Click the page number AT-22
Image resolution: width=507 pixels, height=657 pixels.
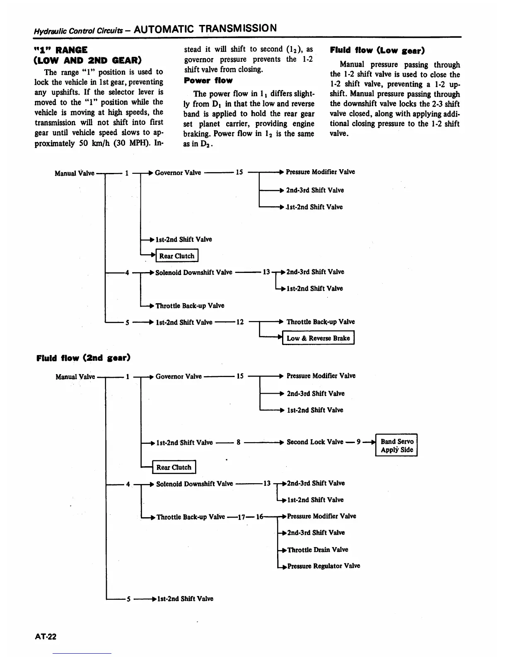click(x=46, y=636)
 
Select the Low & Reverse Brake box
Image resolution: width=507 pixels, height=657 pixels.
click(x=318, y=338)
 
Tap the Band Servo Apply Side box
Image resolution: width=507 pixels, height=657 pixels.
click(x=396, y=445)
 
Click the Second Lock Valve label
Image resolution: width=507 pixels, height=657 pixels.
click(x=315, y=442)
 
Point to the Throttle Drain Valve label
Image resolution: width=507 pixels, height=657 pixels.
click(x=318, y=550)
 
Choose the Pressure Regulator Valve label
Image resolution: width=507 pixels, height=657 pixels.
click(x=324, y=566)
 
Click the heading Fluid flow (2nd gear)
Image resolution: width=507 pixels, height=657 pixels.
click(x=83, y=357)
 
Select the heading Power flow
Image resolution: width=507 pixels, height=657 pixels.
click(x=208, y=80)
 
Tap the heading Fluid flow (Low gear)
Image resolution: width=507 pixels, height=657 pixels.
click(x=377, y=51)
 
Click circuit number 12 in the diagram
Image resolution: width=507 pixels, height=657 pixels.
click(x=240, y=322)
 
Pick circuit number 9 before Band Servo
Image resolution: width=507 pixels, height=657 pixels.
click(x=359, y=442)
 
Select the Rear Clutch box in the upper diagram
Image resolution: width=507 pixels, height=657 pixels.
click(x=177, y=256)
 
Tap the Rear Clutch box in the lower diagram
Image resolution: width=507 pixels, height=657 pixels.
click(x=174, y=467)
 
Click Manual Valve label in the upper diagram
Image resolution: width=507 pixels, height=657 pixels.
click(x=75, y=173)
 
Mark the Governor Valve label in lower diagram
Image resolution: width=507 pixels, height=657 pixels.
click(x=179, y=377)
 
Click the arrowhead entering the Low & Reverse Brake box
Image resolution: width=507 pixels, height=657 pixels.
click(x=280, y=338)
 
